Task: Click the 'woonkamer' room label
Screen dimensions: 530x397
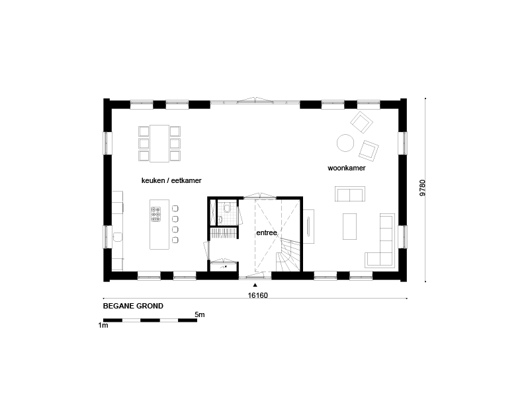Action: point(347,168)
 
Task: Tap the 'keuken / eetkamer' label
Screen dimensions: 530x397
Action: point(171,180)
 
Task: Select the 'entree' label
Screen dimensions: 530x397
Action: point(267,233)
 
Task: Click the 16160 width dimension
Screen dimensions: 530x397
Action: point(257,295)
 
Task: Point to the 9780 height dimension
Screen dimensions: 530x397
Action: point(423,188)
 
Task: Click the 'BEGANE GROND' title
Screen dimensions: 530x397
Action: point(133,307)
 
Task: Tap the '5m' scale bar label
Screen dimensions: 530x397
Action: point(200,314)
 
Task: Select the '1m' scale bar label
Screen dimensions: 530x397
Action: point(103,326)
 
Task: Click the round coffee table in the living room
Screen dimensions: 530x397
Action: point(345,143)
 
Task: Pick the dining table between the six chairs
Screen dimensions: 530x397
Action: point(159,143)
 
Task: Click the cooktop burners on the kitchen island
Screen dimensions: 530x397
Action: point(155,215)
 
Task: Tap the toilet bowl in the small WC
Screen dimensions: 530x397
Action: point(227,208)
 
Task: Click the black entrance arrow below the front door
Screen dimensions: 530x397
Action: point(255,285)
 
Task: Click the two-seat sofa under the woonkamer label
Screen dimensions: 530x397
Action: point(350,194)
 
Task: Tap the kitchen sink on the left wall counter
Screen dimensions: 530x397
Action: point(118,237)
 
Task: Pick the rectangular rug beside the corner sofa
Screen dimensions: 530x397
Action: point(349,226)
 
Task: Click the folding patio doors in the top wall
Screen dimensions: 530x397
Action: point(255,101)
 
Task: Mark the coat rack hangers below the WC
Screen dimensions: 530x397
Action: point(224,233)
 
